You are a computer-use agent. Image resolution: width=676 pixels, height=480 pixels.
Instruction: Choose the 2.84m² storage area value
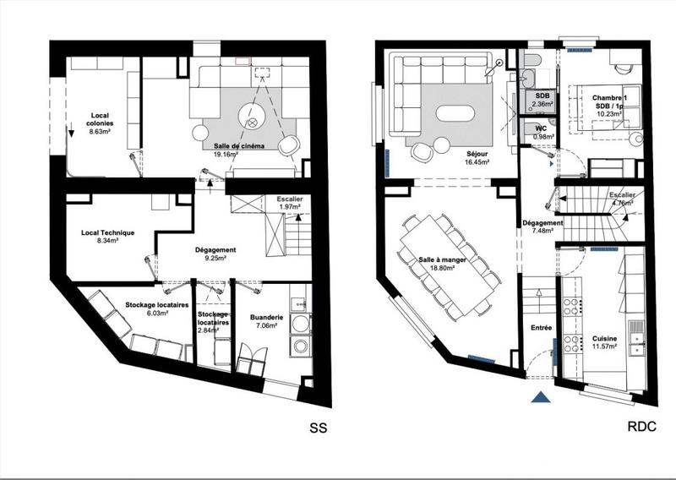[x=212, y=330]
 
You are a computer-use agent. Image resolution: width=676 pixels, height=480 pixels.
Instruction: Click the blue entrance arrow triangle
[x=541, y=398]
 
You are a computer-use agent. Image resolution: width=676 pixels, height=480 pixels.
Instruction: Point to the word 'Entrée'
[x=541, y=327]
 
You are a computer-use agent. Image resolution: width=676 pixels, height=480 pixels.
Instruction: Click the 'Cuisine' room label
[x=604, y=338]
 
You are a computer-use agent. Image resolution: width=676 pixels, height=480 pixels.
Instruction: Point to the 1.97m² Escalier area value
[x=289, y=208]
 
